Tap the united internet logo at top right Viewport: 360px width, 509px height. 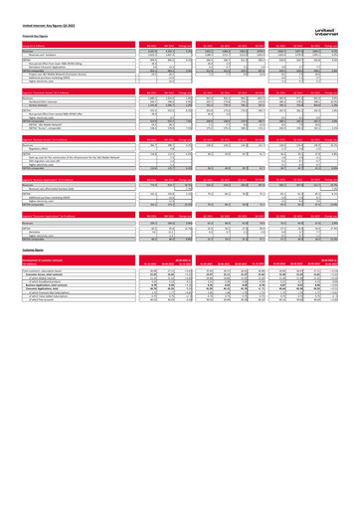[341, 7]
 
